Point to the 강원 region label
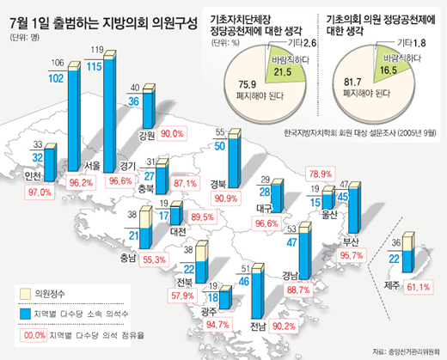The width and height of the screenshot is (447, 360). (x=146, y=134)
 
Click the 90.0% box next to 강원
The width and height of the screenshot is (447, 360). (x=173, y=134)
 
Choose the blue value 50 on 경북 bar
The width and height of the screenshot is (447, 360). (x=220, y=146)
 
